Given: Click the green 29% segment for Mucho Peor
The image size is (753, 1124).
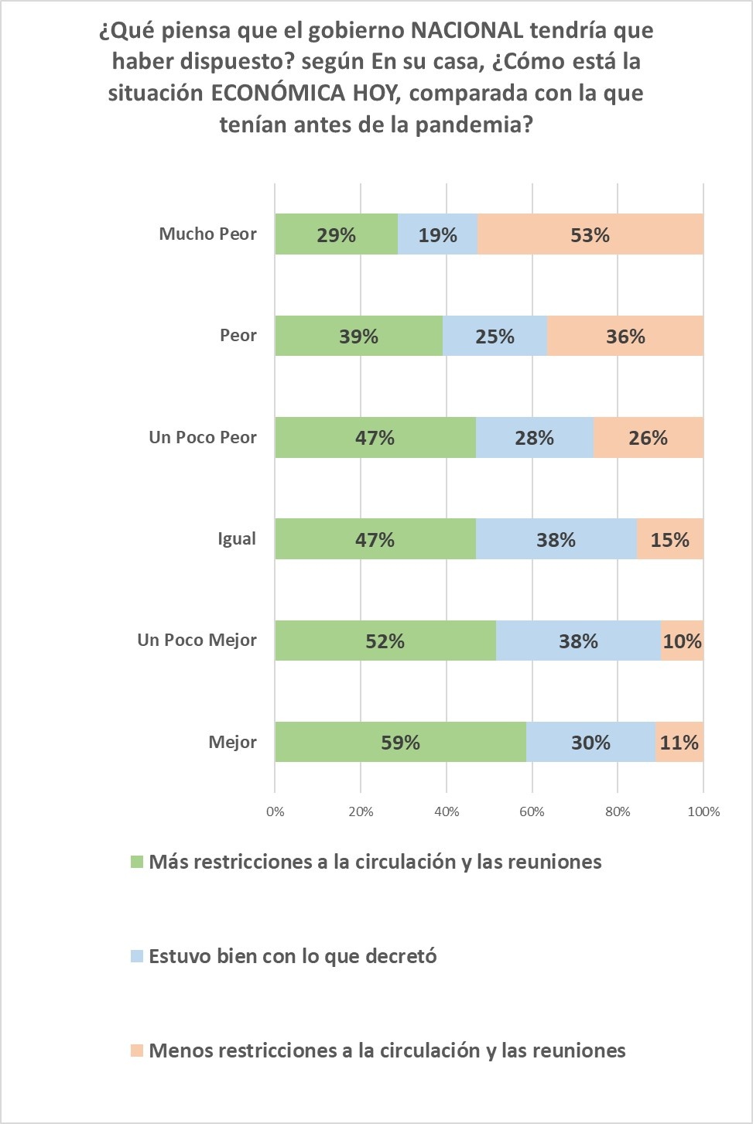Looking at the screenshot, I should click(x=336, y=234).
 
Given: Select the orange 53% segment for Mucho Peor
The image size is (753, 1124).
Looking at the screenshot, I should click(x=590, y=234).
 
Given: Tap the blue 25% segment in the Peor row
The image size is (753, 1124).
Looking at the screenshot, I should click(x=495, y=337).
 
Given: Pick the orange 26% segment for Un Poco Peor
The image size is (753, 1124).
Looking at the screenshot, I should click(x=648, y=438).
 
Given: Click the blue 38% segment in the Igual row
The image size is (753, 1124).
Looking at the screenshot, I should click(x=556, y=539).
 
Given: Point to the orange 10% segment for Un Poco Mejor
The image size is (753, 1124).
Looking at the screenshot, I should click(x=682, y=641).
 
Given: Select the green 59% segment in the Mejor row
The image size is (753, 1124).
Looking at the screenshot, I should click(x=400, y=743).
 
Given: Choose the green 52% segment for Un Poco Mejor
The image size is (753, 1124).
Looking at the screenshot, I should click(x=385, y=641).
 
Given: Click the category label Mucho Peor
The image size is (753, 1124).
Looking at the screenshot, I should click(x=207, y=234).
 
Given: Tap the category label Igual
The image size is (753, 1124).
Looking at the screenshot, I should click(x=236, y=538).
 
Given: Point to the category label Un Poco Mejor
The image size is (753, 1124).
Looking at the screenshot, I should click(x=197, y=640).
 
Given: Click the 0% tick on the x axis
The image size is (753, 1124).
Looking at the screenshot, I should click(x=275, y=811).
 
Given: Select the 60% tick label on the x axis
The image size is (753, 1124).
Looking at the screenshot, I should click(x=532, y=811).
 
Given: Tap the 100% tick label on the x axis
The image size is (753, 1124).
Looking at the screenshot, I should click(x=703, y=811).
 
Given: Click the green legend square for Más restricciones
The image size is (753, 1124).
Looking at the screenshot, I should click(x=137, y=862).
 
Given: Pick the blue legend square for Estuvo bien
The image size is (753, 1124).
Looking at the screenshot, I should click(x=137, y=956).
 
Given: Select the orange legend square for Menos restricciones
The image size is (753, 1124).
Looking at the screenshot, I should click(x=137, y=1051).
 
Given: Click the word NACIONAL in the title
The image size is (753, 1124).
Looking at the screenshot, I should click(x=466, y=31).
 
